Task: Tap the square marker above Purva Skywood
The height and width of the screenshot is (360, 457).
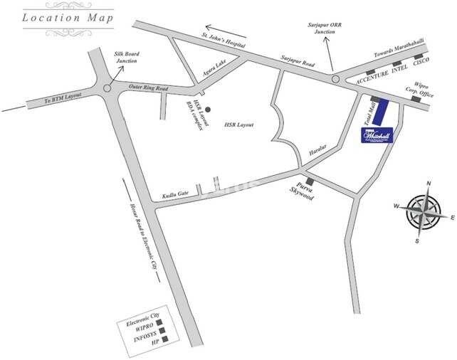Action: [309, 181]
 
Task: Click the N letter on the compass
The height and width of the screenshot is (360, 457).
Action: [429, 184]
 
